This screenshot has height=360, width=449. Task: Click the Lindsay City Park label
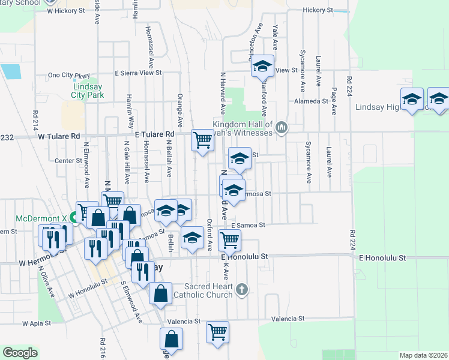[88, 91]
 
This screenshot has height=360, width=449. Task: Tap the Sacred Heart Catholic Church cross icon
[241, 290]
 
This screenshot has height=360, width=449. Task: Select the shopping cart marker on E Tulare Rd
[203, 140]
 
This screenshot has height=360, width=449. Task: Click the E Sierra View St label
[139, 73]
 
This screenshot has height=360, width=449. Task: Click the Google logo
[20, 353]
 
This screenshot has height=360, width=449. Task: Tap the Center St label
[68, 161]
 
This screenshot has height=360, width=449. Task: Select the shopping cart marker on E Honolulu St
[230, 240]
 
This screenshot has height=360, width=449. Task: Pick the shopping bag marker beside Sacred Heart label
[160, 293]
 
